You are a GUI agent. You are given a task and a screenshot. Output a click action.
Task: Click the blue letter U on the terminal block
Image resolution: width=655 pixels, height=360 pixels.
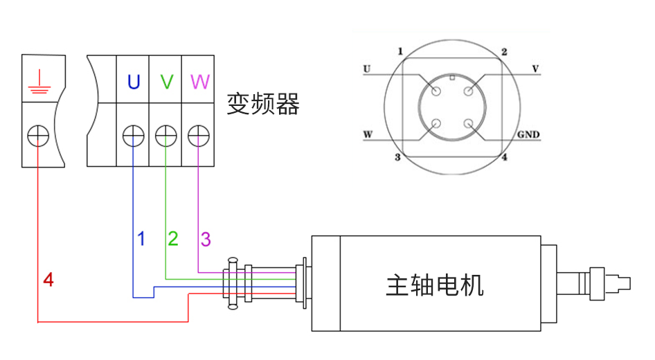(x=133, y=82)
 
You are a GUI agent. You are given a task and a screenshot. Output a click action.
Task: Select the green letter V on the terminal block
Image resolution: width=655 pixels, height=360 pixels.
(x=166, y=82)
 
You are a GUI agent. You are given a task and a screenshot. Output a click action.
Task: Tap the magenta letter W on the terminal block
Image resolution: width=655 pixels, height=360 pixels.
(x=199, y=82)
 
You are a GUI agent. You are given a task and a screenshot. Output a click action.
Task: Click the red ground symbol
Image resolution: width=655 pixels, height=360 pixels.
(x=38, y=81)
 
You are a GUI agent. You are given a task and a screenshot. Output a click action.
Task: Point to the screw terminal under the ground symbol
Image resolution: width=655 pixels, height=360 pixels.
(x=38, y=135)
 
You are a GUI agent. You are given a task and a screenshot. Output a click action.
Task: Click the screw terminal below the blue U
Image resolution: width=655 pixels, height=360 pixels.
(x=132, y=135)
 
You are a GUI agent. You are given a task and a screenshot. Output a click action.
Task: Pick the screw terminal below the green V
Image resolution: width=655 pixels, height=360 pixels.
(x=165, y=135)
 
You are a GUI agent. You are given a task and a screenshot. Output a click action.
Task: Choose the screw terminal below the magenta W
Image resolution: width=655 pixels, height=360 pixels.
(x=198, y=135)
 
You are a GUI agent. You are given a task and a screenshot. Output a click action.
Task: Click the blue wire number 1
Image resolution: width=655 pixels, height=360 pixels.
(x=141, y=239)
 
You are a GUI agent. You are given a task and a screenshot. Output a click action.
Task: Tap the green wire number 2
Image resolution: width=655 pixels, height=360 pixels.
(x=173, y=239)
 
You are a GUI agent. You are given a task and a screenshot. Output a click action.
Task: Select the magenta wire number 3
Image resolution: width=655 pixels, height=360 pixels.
(x=206, y=240)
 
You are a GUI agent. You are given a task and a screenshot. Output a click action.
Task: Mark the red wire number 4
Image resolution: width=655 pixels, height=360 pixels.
(x=48, y=280)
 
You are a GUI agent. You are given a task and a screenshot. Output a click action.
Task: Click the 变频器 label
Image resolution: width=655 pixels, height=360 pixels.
(x=263, y=105)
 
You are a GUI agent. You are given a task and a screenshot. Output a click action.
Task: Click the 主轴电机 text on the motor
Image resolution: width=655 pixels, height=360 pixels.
(x=434, y=285)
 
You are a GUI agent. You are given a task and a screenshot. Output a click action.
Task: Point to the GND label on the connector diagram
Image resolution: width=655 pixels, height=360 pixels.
(x=528, y=134)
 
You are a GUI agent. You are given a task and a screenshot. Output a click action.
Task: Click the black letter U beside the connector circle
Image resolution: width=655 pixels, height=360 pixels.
(x=367, y=69)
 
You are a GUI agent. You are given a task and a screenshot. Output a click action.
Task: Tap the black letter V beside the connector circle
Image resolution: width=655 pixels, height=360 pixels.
(x=535, y=69)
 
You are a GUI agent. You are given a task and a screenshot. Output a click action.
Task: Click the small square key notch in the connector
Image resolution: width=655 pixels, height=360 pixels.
(x=452, y=77)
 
